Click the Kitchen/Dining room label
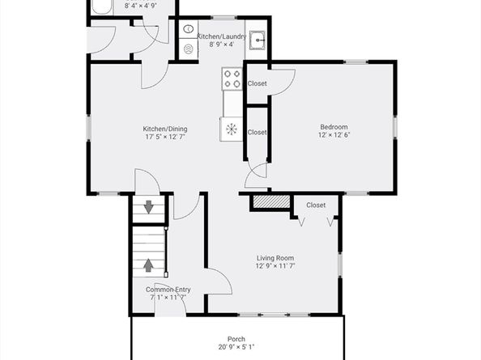tap(165, 129)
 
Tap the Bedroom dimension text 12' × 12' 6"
tap(334, 135)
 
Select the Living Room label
tap(275, 258)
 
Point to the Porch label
tap(236, 339)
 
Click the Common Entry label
tap(168, 290)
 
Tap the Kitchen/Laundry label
tap(222, 36)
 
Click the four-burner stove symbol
tap(232, 78)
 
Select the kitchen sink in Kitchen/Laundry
tap(257, 40)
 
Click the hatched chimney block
tap(271, 201)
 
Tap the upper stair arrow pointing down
tap(149, 207)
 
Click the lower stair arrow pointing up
tap(149, 265)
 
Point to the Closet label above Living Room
tap(316, 205)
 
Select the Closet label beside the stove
tap(257, 83)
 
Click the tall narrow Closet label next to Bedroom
tap(257, 133)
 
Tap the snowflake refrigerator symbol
tap(232, 129)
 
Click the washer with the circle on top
tap(189, 29)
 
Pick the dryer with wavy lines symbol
tap(189, 49)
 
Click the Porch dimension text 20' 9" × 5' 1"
tap(236, 347)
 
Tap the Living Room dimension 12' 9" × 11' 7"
tap(275, 266)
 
